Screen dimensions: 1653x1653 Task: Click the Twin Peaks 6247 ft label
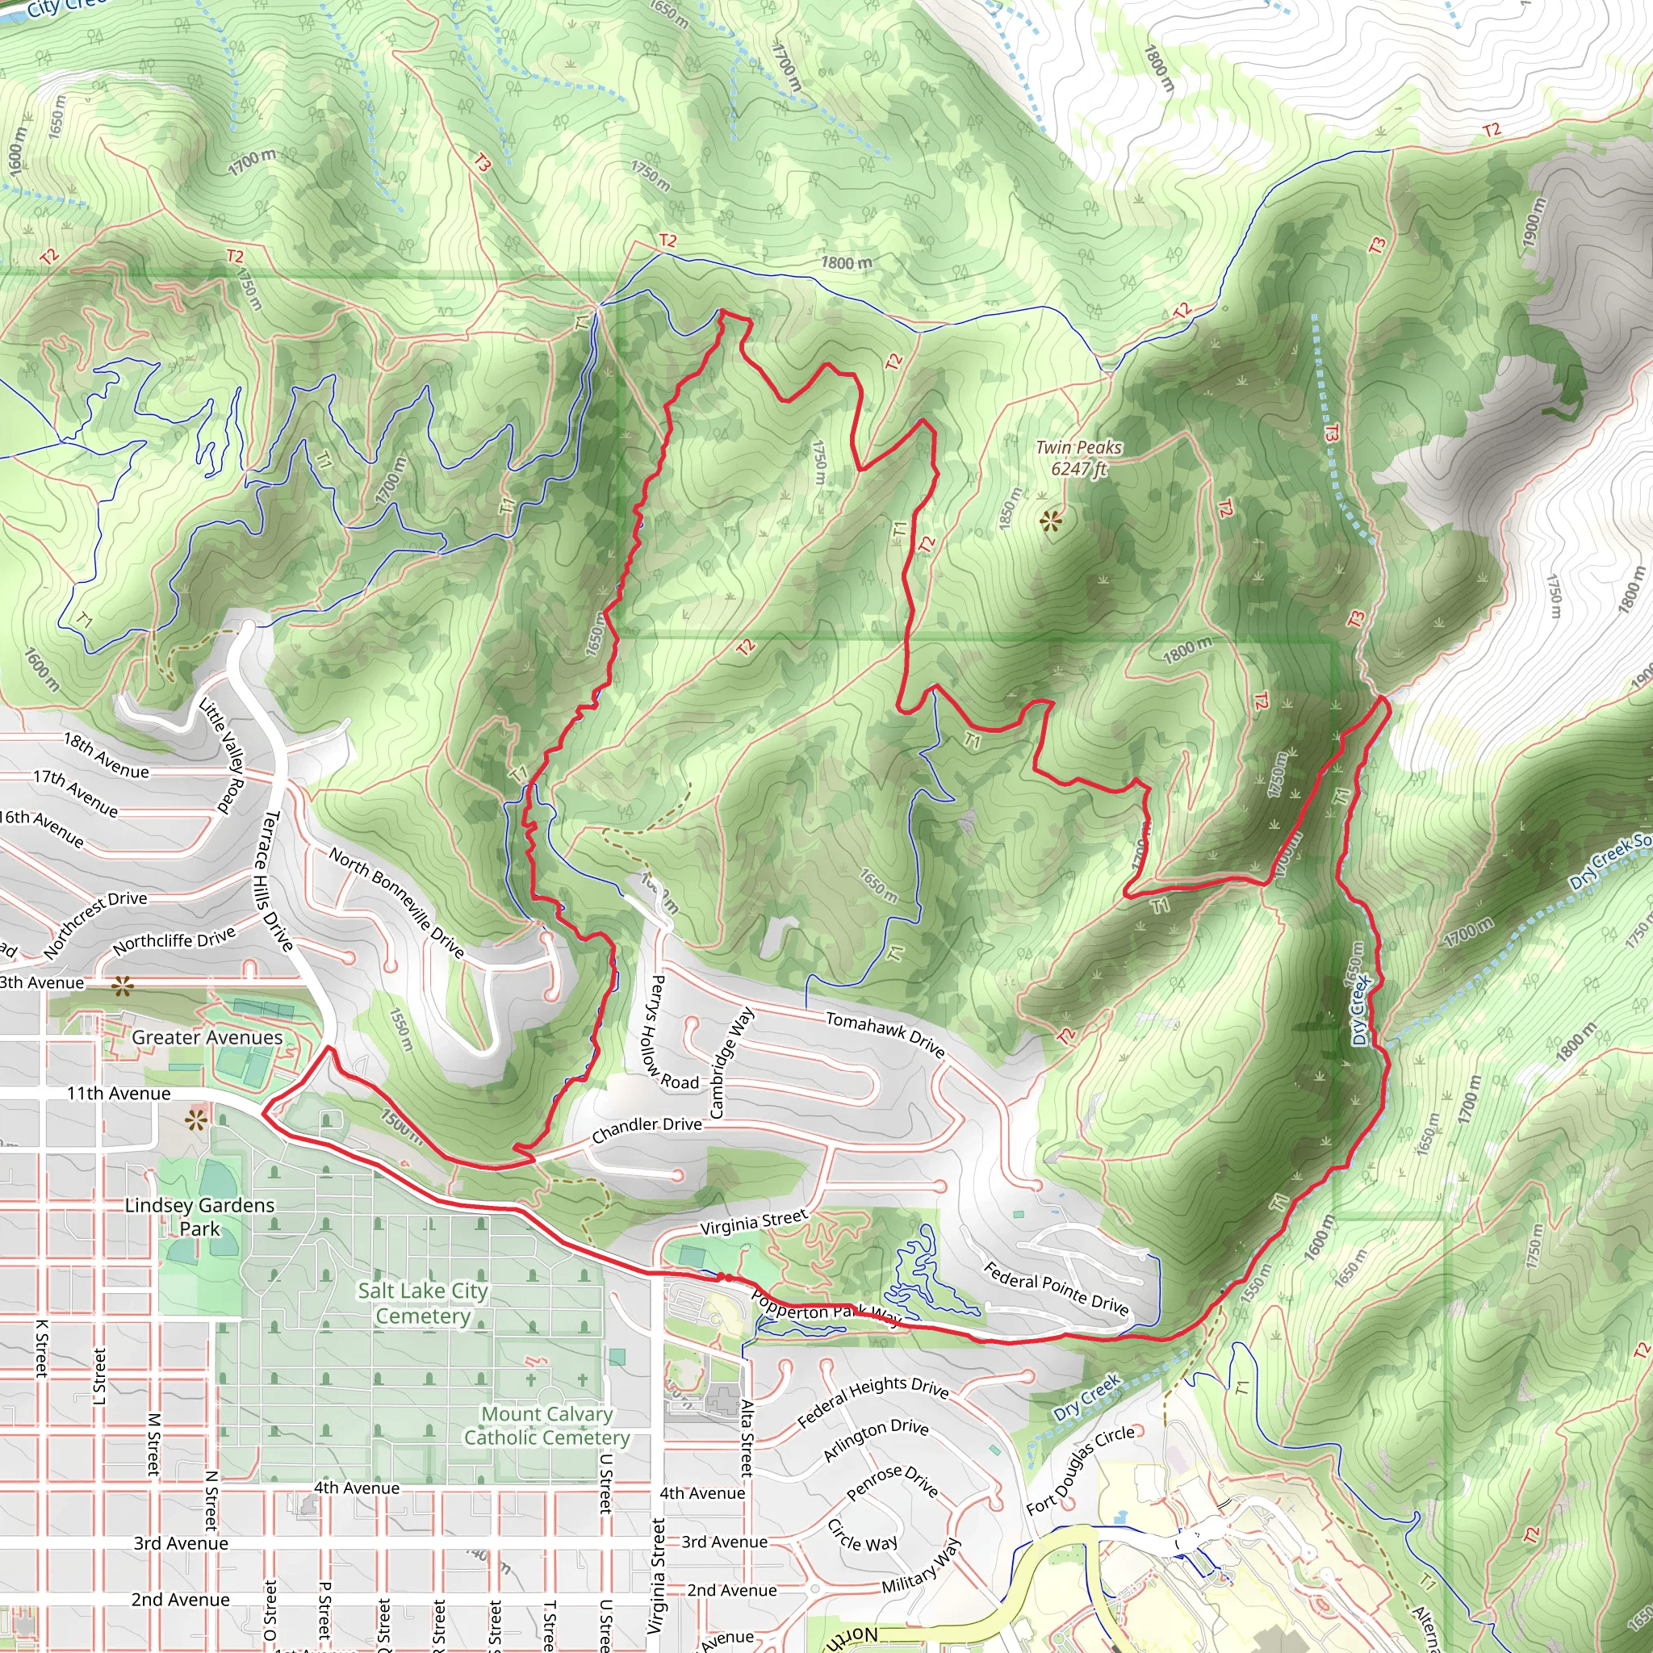[x=1078, y=458]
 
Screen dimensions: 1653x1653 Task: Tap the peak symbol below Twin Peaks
[x=1052, y=519]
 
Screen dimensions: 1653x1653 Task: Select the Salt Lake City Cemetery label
[x=423, y=1302]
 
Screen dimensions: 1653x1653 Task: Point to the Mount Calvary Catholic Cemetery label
[x=546, y=1425]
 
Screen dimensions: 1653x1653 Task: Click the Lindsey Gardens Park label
[x=199, y=1216]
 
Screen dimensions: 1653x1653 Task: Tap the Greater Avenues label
[x=207, y=1037]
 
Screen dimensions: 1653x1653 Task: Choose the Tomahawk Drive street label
[x=885, y=1034]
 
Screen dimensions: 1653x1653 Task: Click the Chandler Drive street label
[x=647, y=1129]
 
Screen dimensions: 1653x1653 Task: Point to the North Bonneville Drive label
[x=397, y=902]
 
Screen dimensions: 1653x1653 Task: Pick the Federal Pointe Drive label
[x=1056, y=1287]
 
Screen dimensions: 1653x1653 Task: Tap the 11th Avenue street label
[x=118, y=1094]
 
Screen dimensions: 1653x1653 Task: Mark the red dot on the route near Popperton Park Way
[x=722, y=1278]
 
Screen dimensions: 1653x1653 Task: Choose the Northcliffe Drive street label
[x=174, y=941]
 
